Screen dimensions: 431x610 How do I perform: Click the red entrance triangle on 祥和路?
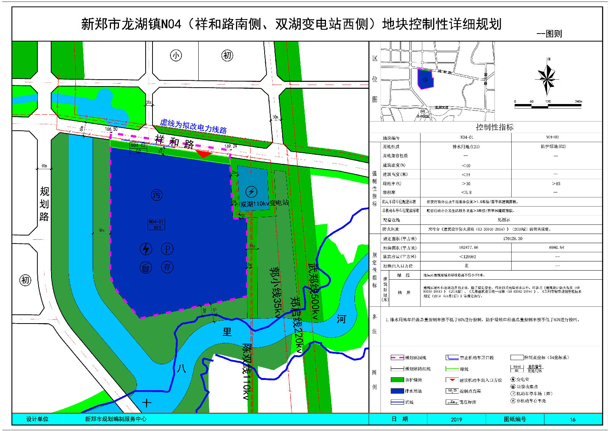pos(204,154)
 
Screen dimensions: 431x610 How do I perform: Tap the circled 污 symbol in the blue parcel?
pos(157,195)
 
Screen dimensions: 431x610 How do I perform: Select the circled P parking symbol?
pos(167,249)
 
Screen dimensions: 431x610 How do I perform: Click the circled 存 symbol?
pos(167,267)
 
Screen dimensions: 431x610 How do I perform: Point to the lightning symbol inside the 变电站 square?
pos(251,192)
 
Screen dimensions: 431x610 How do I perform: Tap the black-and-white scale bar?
pos(548,106)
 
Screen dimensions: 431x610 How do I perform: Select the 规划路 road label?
pos(44,204)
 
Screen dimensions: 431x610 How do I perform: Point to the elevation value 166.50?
pos(111,129)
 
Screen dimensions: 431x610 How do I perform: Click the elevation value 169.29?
pos(231,146)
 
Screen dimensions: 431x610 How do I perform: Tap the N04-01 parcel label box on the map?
pos(156,224)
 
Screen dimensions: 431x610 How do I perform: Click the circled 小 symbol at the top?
pos(176,55)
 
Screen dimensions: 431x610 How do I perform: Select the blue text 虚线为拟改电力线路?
pos(193,126)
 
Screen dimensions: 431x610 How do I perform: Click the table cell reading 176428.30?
pos(512,239)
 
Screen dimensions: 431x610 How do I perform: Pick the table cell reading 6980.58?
pos(556,248)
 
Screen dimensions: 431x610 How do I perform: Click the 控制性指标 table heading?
pos(494,127)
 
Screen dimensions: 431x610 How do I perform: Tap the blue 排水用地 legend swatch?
pos(397,391)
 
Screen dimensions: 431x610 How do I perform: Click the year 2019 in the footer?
pos(456,419)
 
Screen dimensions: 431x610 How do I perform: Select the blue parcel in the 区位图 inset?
pos(425,79)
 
